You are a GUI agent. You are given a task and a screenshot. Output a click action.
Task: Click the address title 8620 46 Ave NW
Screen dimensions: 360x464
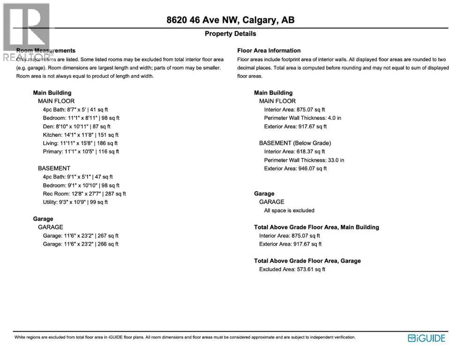click(231, 20)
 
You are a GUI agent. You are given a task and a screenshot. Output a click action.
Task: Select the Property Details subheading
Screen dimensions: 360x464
click(231, 34)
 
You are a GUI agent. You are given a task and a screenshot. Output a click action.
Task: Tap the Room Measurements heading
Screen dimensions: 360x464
click(46, 51)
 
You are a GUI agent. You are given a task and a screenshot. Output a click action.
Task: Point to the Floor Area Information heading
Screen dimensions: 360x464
click(269, 51)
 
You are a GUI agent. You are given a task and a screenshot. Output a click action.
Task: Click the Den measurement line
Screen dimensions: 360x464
click(76, 127)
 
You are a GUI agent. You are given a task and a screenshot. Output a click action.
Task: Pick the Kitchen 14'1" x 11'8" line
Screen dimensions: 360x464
click(81, 135)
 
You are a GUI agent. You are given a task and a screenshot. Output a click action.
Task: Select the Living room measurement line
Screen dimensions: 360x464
click(80, 143)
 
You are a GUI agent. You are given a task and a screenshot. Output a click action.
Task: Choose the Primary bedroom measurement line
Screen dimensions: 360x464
click(81, 152)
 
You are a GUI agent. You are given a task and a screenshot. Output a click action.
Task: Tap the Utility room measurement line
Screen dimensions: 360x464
click(75, 202)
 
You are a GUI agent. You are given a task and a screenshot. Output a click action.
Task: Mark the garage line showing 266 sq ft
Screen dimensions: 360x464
click(81, 244)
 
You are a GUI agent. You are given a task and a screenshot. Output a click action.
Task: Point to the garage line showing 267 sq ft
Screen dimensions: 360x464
click(81, 236)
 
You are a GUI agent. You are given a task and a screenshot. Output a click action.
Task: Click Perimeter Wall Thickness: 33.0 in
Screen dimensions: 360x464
click(304, 160)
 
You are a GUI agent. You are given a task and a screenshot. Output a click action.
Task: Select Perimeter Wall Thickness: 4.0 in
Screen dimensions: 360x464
click(303, 118)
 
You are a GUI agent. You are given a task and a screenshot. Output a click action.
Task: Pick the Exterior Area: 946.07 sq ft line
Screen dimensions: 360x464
click(295, 169)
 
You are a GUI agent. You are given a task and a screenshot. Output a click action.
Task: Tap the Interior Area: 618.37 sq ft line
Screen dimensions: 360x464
click(294, 152)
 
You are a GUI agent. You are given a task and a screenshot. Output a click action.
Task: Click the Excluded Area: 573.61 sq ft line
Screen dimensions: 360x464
click(292, 270)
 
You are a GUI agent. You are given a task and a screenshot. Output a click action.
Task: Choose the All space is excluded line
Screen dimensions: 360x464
click(289, 210)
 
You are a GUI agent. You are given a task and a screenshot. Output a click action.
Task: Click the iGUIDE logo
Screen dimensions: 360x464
click(427, 338)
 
